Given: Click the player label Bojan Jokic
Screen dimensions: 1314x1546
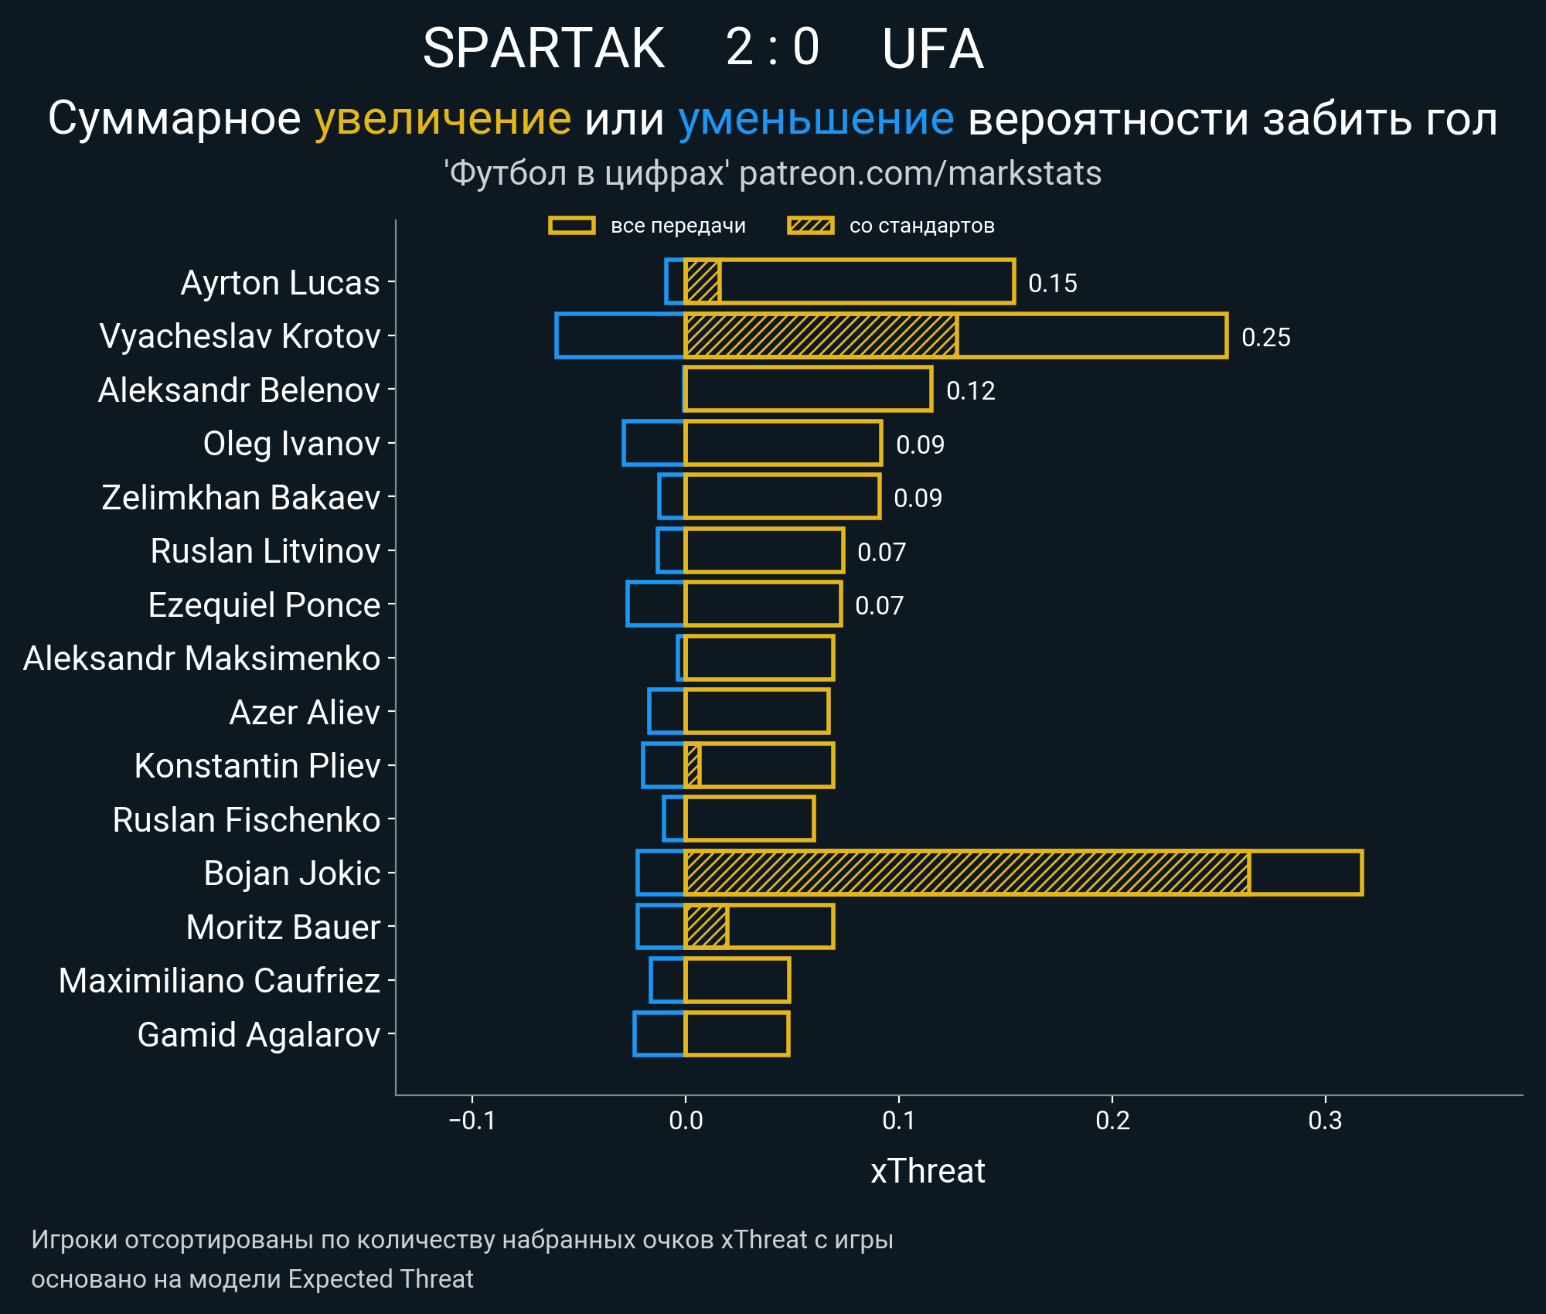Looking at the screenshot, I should tap(291, 873).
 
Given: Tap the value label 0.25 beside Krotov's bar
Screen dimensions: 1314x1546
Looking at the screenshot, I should tap(1265, 337).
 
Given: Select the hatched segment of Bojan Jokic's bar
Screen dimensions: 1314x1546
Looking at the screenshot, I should tap(966, 873).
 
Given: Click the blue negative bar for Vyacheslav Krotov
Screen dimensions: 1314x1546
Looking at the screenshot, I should tap(620, 335).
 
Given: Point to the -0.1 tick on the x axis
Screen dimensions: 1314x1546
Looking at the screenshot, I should tap(472, 1120).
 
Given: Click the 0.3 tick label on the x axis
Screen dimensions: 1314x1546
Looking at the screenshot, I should tap(1325, 1120).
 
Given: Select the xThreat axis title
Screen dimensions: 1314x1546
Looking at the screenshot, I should tap(928, 1171).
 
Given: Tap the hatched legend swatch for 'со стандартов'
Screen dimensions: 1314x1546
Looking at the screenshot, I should tap(810, 226).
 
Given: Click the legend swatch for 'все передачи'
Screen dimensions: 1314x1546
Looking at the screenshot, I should tap(571, 226).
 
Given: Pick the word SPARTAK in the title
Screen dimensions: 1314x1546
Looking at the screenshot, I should tap(543, 49).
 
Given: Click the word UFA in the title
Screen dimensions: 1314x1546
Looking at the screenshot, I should tap(932, 49).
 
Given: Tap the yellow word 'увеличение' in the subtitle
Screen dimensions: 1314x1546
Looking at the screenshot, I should tap(442, 119).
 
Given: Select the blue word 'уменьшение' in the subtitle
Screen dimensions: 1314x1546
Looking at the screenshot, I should tap(816, 119).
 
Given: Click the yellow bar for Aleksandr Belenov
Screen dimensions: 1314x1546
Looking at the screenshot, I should tap(808, 389).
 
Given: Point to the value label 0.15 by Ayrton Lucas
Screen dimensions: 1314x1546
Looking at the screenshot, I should tap(1052, 283).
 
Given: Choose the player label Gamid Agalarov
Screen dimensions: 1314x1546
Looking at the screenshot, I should tap(258, 1034).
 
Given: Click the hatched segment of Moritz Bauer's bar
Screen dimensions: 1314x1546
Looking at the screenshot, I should tap(706, 926).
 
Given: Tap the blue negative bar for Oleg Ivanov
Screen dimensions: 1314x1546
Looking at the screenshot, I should tap(653, 443).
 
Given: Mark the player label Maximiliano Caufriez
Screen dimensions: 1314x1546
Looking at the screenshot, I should tap(219, 980).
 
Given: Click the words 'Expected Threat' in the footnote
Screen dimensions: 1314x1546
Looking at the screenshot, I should tap(380, 1278).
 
